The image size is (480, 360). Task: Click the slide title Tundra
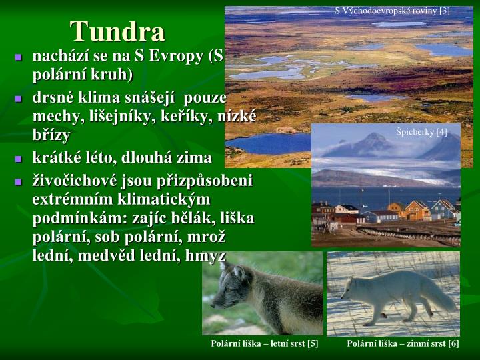(118, 31)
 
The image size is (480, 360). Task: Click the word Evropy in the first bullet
(180, 57)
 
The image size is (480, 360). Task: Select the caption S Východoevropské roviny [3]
(393, 11)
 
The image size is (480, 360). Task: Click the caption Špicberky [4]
(421, 131)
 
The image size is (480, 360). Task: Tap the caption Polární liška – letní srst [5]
(265, 343)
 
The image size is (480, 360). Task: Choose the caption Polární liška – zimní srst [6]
(403, 343)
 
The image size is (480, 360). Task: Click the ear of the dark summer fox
(239, 267)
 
